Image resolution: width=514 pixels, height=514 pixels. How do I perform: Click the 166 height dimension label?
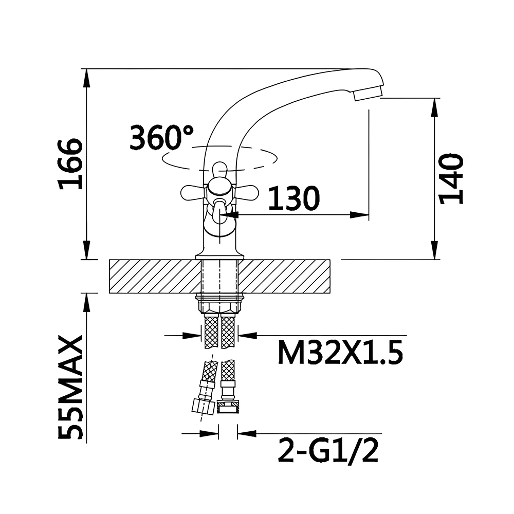(x=70, y=164)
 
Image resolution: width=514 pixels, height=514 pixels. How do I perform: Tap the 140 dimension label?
(x=451, y=179)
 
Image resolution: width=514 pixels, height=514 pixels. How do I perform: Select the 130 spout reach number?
(x=294, y=198)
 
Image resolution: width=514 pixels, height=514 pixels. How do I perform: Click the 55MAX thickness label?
(x=70, y=387)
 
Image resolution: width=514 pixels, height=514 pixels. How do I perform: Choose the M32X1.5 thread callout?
(x=340, y=352)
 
